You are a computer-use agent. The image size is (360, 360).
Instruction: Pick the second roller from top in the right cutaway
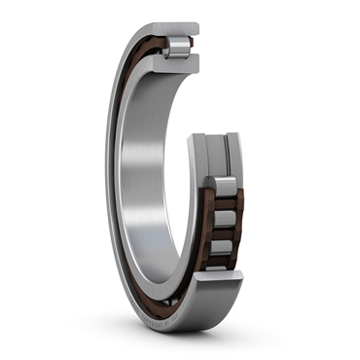coord(223,208)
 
